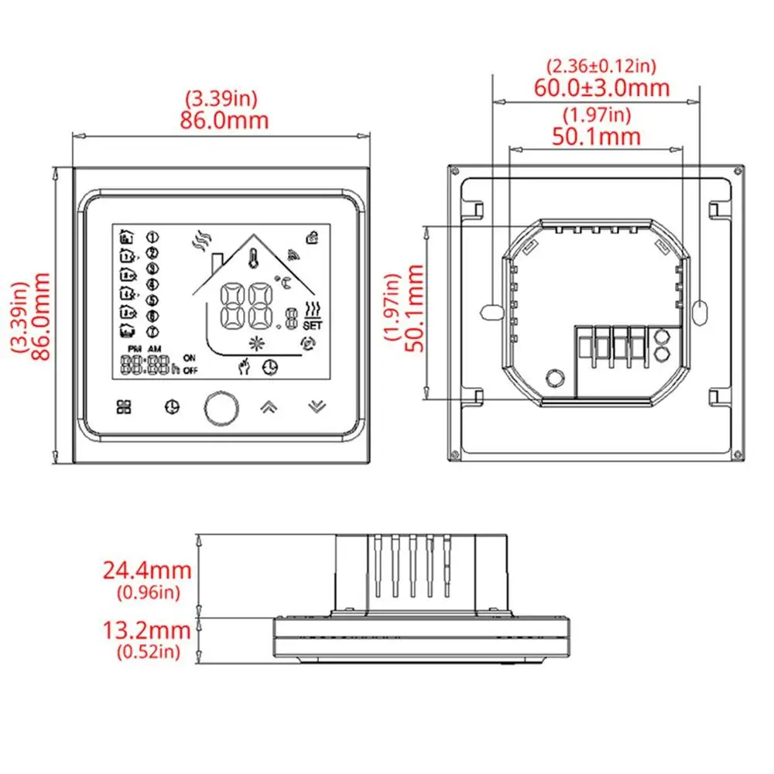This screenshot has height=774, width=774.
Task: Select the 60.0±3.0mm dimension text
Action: click(601, 87)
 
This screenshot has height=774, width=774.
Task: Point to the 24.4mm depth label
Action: click(147, 571)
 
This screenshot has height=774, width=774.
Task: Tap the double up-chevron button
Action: click(266, 406)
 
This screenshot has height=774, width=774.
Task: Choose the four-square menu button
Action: click(124, 406)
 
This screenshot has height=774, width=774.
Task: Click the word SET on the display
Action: click(312, 326)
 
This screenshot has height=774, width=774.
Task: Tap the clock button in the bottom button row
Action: click(172, 406)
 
